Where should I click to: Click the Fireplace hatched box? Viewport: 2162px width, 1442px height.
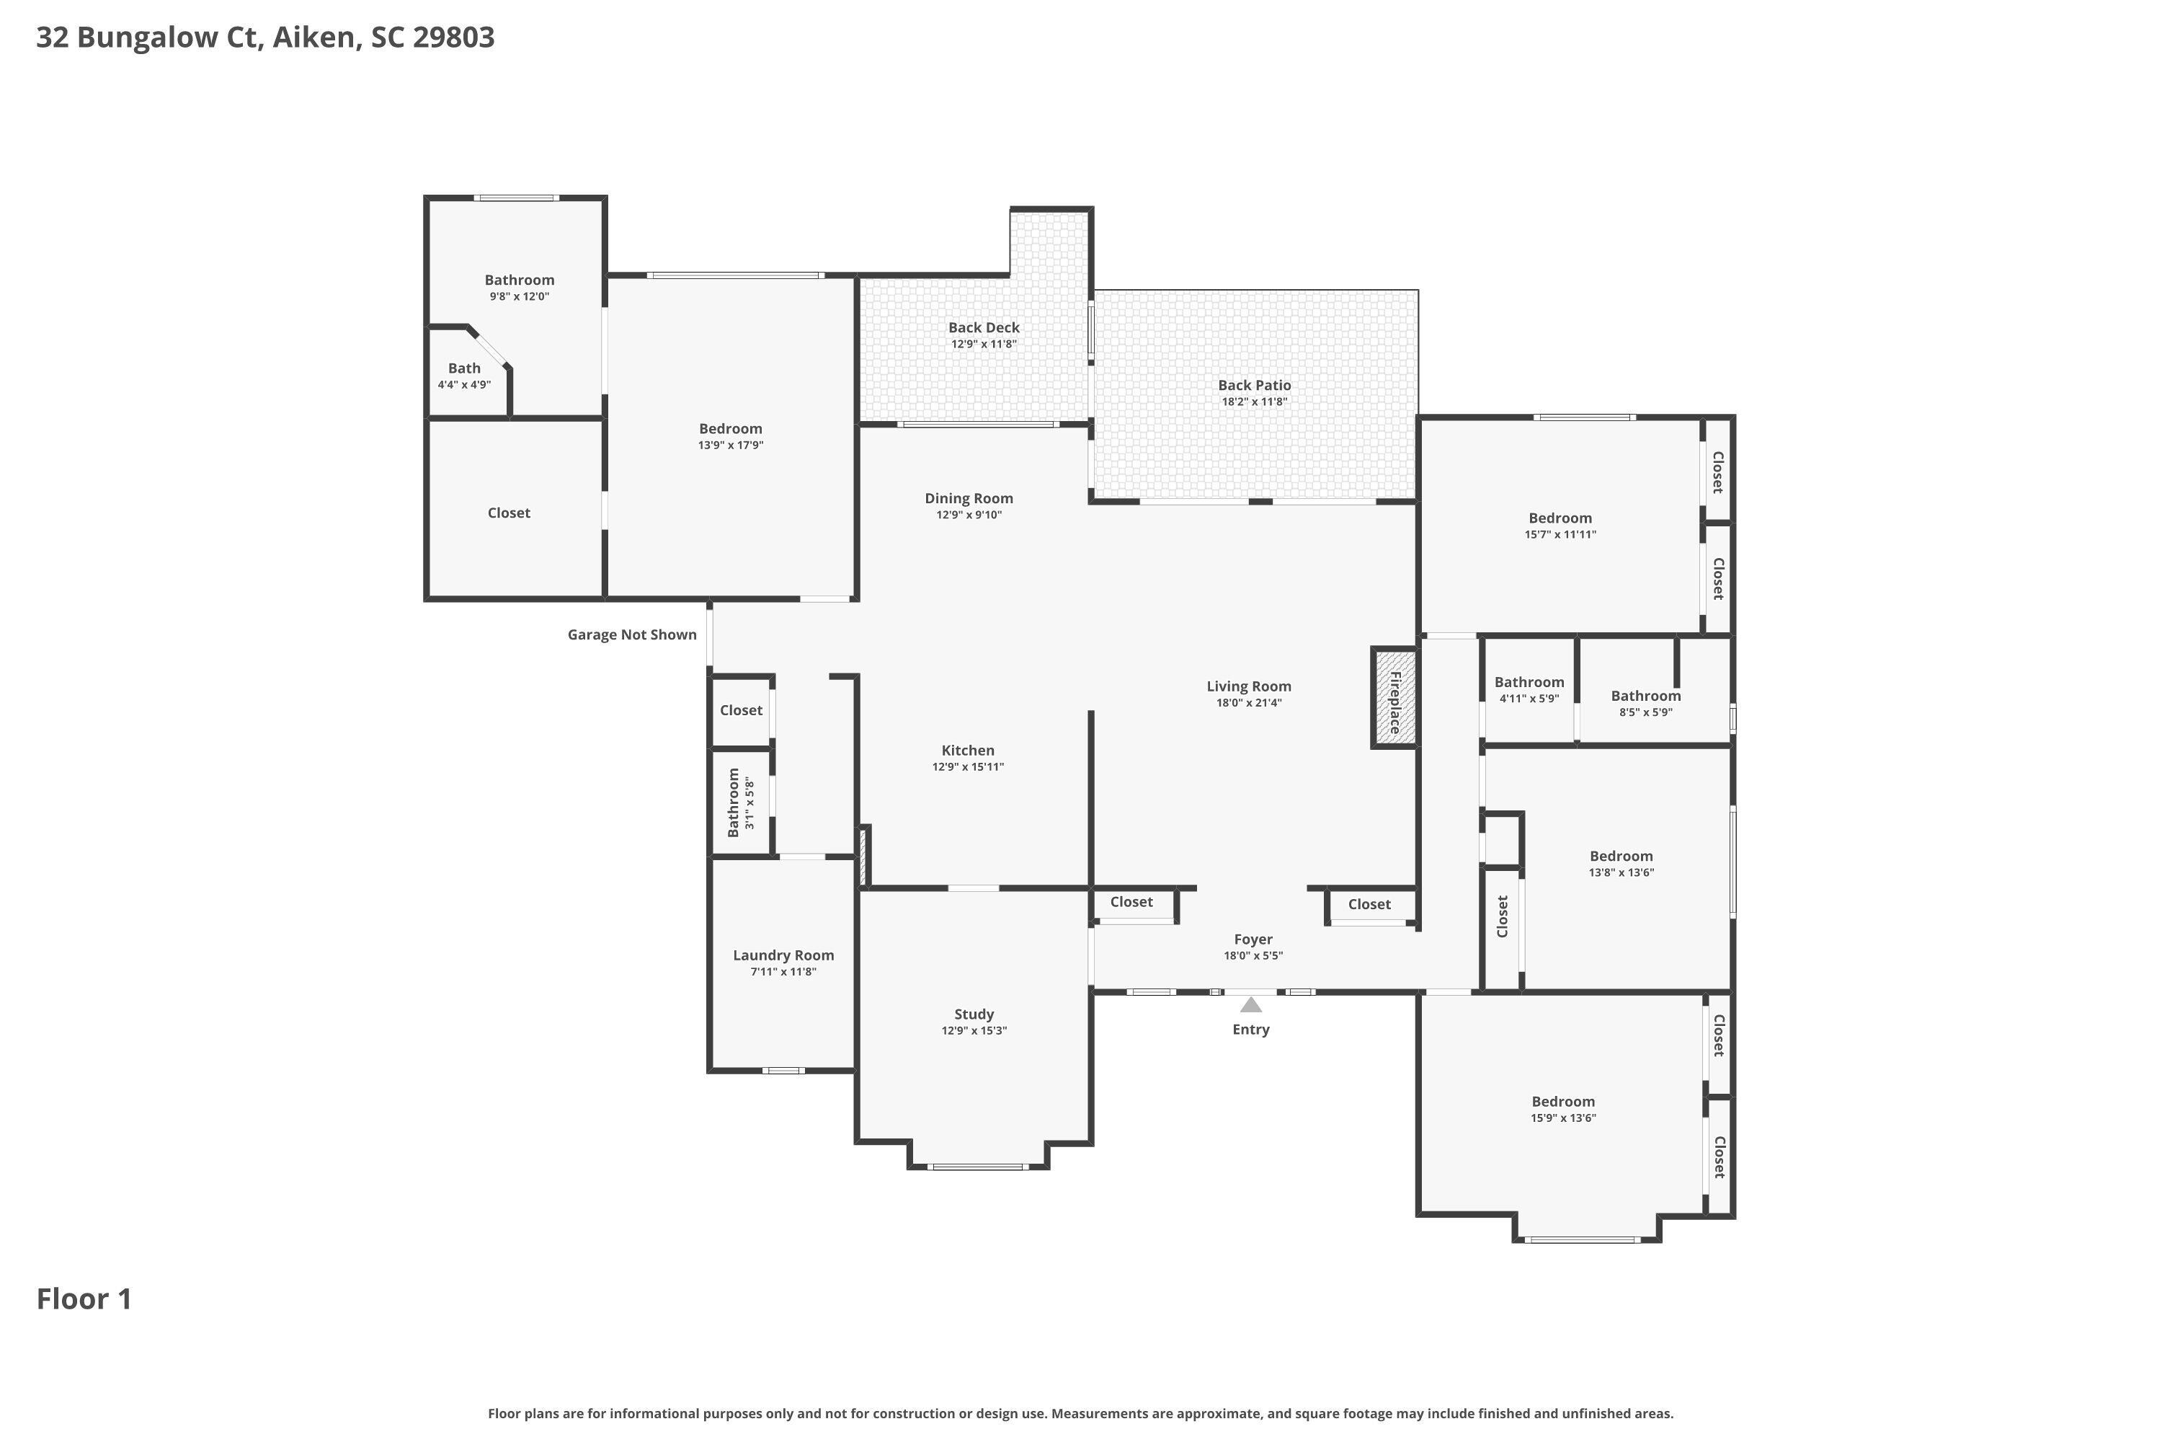point(1394,697)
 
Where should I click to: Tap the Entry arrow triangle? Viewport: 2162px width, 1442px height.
point(1251,1004)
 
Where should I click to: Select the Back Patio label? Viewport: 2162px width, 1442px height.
point(1255,385)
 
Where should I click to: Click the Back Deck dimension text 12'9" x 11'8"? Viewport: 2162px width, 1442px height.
point(984,344)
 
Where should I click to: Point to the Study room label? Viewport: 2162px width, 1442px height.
point(974,1014)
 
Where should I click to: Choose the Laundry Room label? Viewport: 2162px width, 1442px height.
point(783,955)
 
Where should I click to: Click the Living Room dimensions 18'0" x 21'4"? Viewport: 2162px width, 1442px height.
point(1248,702)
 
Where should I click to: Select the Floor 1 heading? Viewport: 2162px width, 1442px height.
point(84,1299)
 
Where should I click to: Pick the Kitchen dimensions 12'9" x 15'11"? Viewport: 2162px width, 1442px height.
point(968,767)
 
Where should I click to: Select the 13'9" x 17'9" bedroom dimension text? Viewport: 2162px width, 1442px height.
point(731,445)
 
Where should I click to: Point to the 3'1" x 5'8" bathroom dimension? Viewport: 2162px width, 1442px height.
point(749,803)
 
